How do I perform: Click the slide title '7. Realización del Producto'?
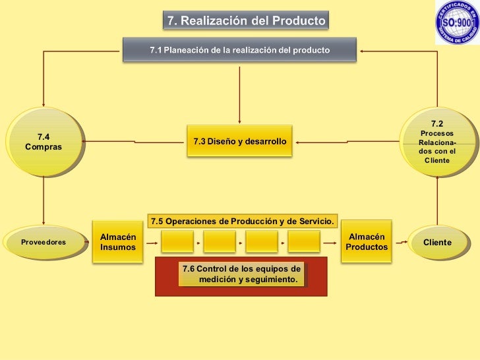coord(245,20)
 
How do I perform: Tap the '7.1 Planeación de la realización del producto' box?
coord(239,50)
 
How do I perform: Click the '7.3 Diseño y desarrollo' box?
coord(239,141)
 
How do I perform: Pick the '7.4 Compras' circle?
coord(44,141)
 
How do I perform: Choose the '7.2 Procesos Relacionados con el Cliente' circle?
coord(437,142)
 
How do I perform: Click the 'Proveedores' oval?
coord(44,242)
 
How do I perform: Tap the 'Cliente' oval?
coord(437,242)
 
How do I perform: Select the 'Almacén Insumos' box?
coord(119,242)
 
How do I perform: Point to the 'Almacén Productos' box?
coord(367,241)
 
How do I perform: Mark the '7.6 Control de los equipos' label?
coord(241,275)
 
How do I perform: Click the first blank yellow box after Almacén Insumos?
coord(177,242)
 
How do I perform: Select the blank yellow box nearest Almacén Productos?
coord(304,242)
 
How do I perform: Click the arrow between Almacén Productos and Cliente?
coord(400,242)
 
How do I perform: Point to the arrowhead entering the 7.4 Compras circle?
coord(44,102)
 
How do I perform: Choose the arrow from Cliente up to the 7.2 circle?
coord(437,201)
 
